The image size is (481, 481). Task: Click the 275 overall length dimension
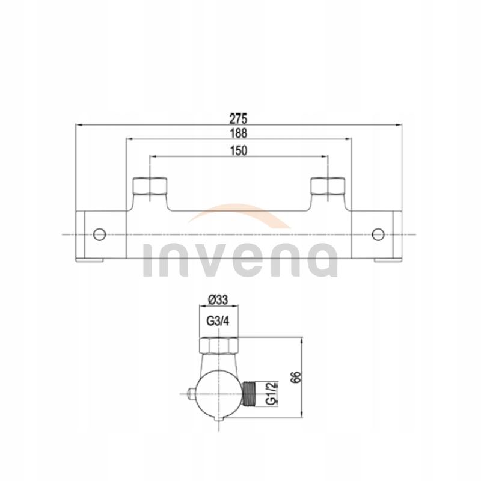(239, 117)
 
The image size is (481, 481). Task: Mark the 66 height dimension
(295, 377)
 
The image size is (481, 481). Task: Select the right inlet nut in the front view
(328, 188)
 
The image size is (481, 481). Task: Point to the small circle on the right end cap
(378, 234)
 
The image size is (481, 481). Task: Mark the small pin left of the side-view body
(192, 394)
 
